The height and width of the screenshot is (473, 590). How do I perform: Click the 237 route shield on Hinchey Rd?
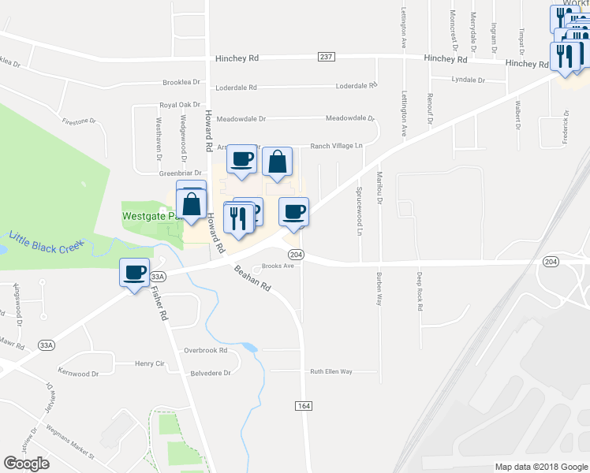(x=327, y=56)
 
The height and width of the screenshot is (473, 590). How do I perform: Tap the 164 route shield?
(x=304, y=405)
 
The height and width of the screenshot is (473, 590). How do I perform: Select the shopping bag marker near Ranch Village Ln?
(x=277, y=162)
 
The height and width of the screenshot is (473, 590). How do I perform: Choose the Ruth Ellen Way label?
(x=330, y=371)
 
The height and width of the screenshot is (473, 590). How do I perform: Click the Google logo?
(x=27, y=464)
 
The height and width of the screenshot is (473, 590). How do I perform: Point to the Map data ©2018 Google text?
(x=540, y=467)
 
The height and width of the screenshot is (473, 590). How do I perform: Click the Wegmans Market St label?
(x=69, y=448)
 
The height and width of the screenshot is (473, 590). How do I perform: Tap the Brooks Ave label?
(x=278, y=266)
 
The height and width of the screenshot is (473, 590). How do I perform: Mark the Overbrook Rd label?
(x=205, y=350)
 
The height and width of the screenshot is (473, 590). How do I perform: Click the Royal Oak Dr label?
(x=181, y=104)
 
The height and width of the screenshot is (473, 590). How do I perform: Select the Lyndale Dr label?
(x=469, y=80)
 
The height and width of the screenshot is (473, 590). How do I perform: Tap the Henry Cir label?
(x=148, y=363)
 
